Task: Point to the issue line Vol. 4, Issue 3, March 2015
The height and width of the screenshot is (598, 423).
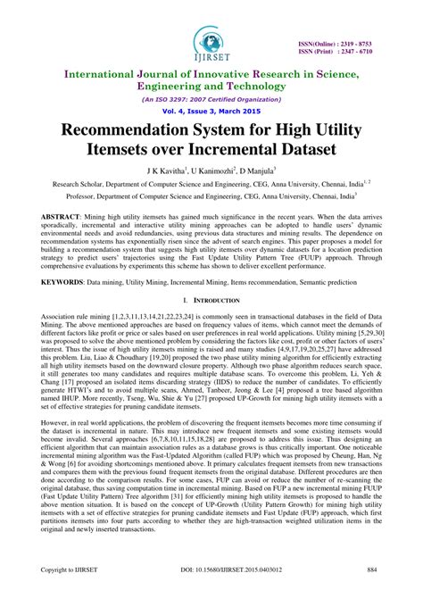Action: (x=211, y=113)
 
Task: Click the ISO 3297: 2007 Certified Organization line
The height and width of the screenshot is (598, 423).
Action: (x=211, y=100)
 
